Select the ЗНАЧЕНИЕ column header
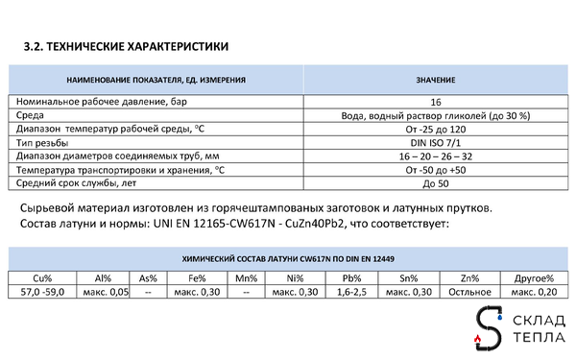pyautogui.click(x=436, y=79)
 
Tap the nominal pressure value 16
pyautogui.click(x=436, y=101)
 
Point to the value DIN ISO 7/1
pyautogui.click(x=436, y=142)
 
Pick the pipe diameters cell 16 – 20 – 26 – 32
pyautogui.click(x=436, y=156)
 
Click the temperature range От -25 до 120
pyautogui.click(x=436, y=129)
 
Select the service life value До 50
pyautogui.click(x=436, y=182)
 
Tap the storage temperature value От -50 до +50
pyautogui.click(x=436, y=169)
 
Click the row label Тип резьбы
pyautogui.click(x=47, y=142)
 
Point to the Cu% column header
pyautogui.click(x=41, y=277)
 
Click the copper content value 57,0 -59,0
pyautogui.click(x=41, y=292)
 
